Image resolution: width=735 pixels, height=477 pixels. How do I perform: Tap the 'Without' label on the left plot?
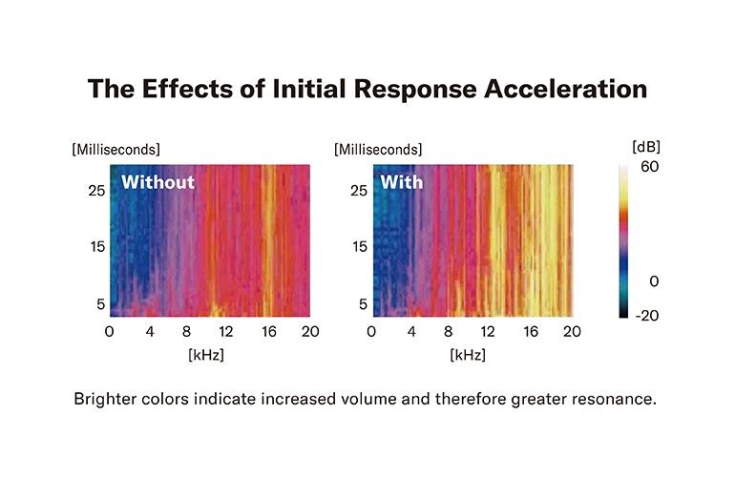(157, 182)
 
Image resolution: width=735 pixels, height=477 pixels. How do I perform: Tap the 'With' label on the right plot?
(402, 182)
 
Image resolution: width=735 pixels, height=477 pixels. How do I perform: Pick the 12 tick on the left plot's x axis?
(226, 331)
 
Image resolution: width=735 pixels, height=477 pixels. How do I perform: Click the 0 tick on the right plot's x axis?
(370, 331)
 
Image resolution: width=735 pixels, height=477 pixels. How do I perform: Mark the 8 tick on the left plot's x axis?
(188, 331)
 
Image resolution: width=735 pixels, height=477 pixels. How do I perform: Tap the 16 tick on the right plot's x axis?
(531, 331)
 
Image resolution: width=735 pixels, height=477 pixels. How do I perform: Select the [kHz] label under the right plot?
(469, 354)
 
